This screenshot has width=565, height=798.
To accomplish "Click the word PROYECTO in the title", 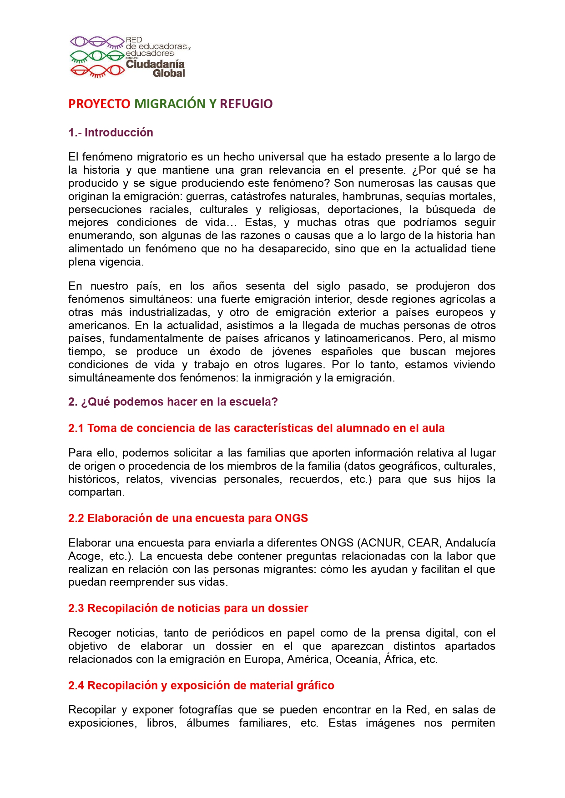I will [x=99, y=104].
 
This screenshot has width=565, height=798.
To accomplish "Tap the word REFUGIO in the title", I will [x=246, y=104].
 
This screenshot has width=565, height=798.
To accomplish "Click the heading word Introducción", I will [x=119, y=133].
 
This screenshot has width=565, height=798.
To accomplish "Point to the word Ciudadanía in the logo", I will [x=155, y=64].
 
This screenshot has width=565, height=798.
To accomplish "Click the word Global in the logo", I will [x=169, y=74].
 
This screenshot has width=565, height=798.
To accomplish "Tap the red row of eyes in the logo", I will [x=97, y=71].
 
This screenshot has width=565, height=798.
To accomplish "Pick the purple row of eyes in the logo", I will [x=97, y=42].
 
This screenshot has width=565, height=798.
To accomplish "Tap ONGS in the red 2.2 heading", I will [x=291, y=518].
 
